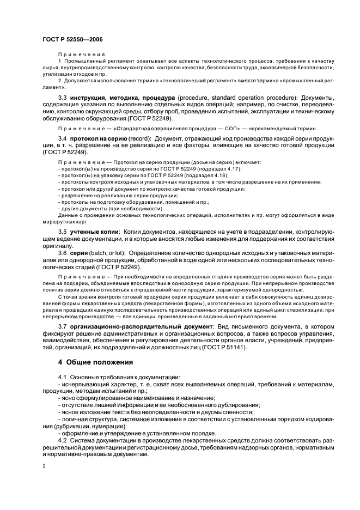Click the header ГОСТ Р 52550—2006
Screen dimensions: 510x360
point(72,40)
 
